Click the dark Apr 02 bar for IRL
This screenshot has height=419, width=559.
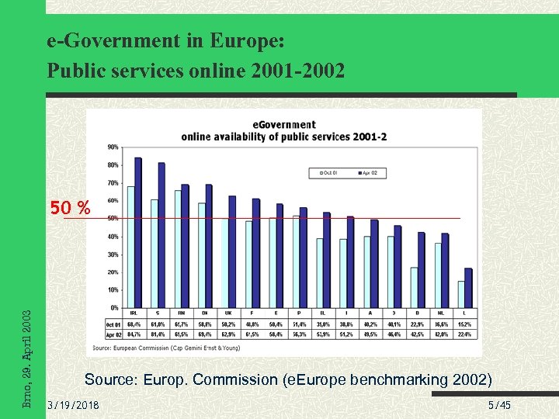138,233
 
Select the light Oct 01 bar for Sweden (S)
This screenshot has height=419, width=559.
155,253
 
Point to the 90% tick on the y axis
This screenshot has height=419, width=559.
113,147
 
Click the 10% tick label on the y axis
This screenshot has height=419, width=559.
113,290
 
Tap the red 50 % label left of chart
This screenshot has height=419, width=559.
70,208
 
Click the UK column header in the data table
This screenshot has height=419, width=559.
228,313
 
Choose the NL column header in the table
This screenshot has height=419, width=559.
441,313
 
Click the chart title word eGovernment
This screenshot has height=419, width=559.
284,125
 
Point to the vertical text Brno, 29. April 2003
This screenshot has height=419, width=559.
27,358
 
